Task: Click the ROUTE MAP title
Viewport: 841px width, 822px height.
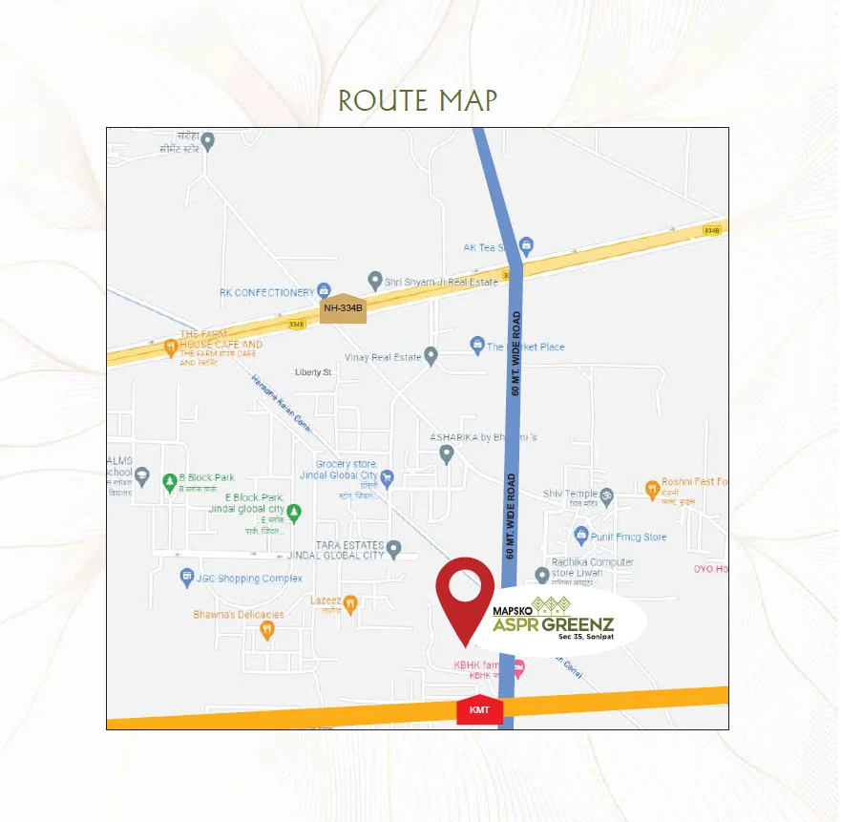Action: (418, 100)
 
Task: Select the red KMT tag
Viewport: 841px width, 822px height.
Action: (479, 709)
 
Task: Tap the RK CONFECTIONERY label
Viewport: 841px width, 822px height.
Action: (267, 292)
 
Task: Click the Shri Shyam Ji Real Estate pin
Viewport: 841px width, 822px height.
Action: (375, 282)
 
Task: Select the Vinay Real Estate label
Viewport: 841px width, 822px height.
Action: (382, 357)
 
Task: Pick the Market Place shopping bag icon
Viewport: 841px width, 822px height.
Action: (477, 345)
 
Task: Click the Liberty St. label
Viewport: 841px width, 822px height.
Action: (312, 372)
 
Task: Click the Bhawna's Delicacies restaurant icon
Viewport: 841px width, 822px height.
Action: (267, 630)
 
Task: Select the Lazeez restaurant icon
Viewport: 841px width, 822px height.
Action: (351, 603)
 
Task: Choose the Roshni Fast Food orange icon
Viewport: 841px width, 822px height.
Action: (653, 490)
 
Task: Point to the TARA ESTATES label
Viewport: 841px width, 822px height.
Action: (349, 544)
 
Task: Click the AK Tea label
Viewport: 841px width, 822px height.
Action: (483, 247)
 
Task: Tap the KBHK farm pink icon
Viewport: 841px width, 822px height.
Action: (518, 669)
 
